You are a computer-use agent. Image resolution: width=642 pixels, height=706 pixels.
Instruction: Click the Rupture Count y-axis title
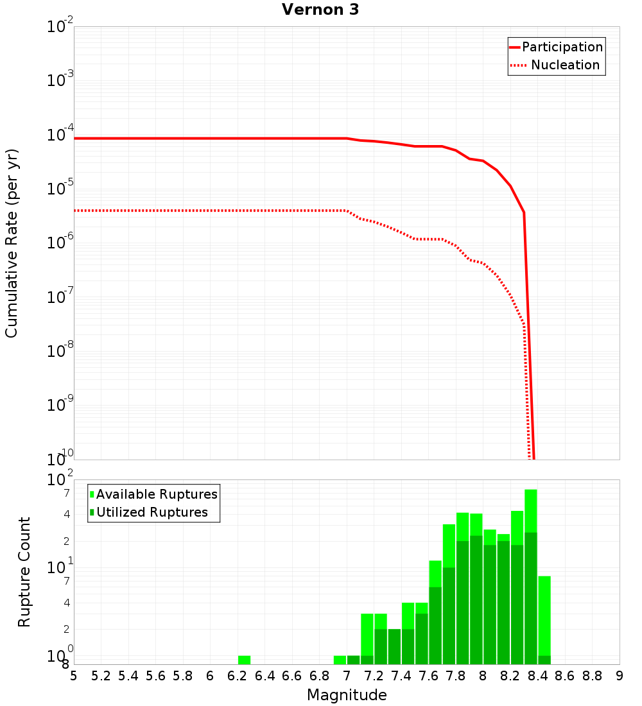pyautogui.click(x=24, y=572)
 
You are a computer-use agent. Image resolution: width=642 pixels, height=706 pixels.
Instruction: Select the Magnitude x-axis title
pyautogui.click(x=347, y=695)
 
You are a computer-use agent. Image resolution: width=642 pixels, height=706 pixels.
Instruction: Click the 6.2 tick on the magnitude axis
pyautogui.click(x=237, y=676)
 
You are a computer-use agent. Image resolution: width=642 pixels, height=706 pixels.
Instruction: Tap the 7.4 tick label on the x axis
pyautogui.click(x=401, y=676)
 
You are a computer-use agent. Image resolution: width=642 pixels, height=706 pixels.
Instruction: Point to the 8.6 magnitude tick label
pyautogui.click(x=565, y=676)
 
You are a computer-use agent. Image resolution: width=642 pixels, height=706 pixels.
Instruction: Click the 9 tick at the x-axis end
pyautogui.click(x=620, y=676)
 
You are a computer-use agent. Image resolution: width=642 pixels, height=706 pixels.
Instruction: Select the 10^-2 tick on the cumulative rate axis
pyautogui.click(x=60, y=27)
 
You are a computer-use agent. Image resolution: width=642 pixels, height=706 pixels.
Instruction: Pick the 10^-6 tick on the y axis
pyautogui.click(x=60, y=243)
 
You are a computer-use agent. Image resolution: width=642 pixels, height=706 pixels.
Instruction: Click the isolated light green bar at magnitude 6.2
pyautogui.click(x=244, y=660)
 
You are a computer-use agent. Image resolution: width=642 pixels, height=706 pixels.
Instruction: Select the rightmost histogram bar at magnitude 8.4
pyautogui.click(x=544, y=616)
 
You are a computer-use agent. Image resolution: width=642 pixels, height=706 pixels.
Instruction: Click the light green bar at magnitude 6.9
pyautogui.click(x=340, y=660)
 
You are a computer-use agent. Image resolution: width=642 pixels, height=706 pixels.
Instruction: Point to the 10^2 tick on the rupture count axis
pyautogui.click(x=60, y=480)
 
